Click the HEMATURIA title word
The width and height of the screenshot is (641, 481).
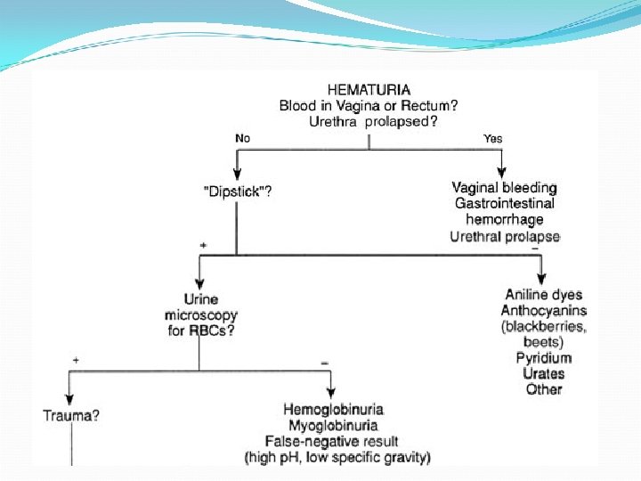(369, 89)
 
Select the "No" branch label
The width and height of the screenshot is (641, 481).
(243, 138)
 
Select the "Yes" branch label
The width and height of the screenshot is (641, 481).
(492, 138)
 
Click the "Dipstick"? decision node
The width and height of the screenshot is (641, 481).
(237, 191)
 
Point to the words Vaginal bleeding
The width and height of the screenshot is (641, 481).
(504, 188)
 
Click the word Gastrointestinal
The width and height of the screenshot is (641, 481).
(504, 204)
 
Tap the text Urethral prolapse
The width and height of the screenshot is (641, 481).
(504, 236)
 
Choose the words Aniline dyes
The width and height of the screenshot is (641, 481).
(544, 295)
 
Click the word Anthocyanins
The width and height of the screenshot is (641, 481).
(544, 311)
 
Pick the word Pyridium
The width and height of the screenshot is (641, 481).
(544, 358)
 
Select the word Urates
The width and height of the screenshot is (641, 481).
(544, 374)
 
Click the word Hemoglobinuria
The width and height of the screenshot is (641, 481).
(334, 409)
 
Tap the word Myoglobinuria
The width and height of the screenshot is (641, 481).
(334, 425)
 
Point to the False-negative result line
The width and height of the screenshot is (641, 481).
(331, 441)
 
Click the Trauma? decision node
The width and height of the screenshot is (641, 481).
(70, 415)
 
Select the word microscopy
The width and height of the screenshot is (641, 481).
(201, 315)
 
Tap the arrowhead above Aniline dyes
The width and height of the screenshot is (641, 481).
(542, 279)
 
